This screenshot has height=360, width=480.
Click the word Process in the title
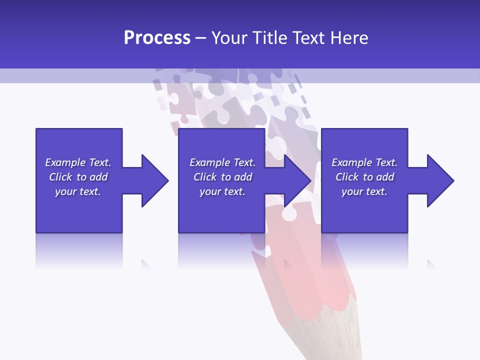click(x=157, y=38)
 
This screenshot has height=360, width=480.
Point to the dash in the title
click(x=201, y=38)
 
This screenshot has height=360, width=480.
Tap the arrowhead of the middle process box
click(x=297, y=180)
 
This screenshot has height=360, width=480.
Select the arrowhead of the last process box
click(x=439, y=180)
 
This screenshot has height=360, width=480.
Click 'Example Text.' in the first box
click(x=78, y=162)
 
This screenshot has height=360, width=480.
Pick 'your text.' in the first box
click(x=78, y=191)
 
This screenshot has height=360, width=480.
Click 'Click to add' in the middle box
click(x=222, y=177)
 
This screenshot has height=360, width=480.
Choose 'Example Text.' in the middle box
click(x=222, y=162)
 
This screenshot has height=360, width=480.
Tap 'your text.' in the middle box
click(x=222, y=191)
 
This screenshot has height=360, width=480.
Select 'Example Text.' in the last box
click(x=364, y=162)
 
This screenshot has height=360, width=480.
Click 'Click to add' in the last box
click(x=364, y=177)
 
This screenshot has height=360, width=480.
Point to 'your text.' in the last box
click(x=364, y=191)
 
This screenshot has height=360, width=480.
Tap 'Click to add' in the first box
click(x=78, y=177)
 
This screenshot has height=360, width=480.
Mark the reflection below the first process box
click(x=79, y=250)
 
